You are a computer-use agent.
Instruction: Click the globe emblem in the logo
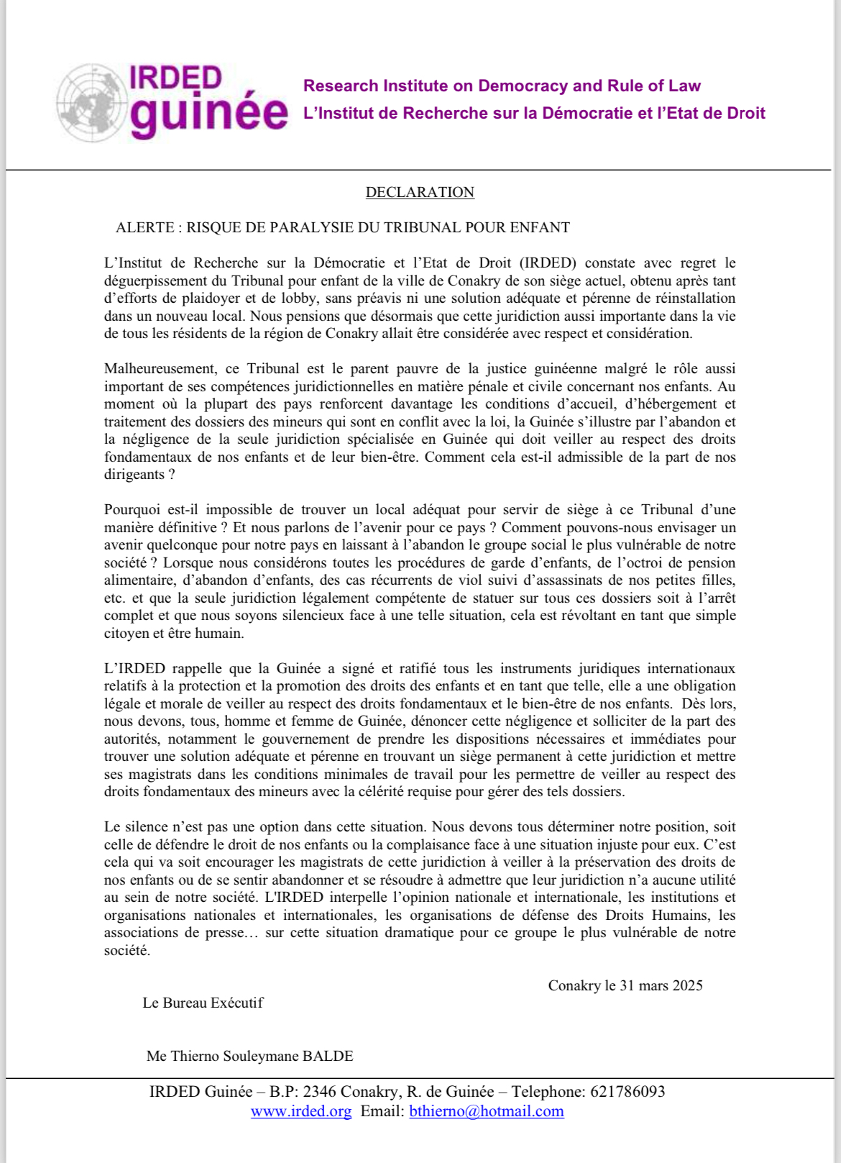tap(92, 102)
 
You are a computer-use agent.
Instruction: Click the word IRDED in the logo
tap(175, 78)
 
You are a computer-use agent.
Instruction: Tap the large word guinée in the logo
tap(208, 114)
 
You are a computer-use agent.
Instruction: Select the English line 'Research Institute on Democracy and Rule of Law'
tap(502, 86)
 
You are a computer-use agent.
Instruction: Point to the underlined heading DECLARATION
tap(420, 192)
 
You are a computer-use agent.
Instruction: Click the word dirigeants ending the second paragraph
tap(134, 475)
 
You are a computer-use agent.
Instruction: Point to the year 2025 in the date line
tap(687, 985)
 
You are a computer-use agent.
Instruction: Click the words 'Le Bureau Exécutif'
tap(203, 1003)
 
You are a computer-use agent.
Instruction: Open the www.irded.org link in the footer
tap(301, 1111)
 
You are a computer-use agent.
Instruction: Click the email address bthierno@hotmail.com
tap(487, 1111)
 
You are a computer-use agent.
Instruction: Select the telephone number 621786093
tap(628, 1092)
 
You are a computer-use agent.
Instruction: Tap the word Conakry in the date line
tap(574, 985)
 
